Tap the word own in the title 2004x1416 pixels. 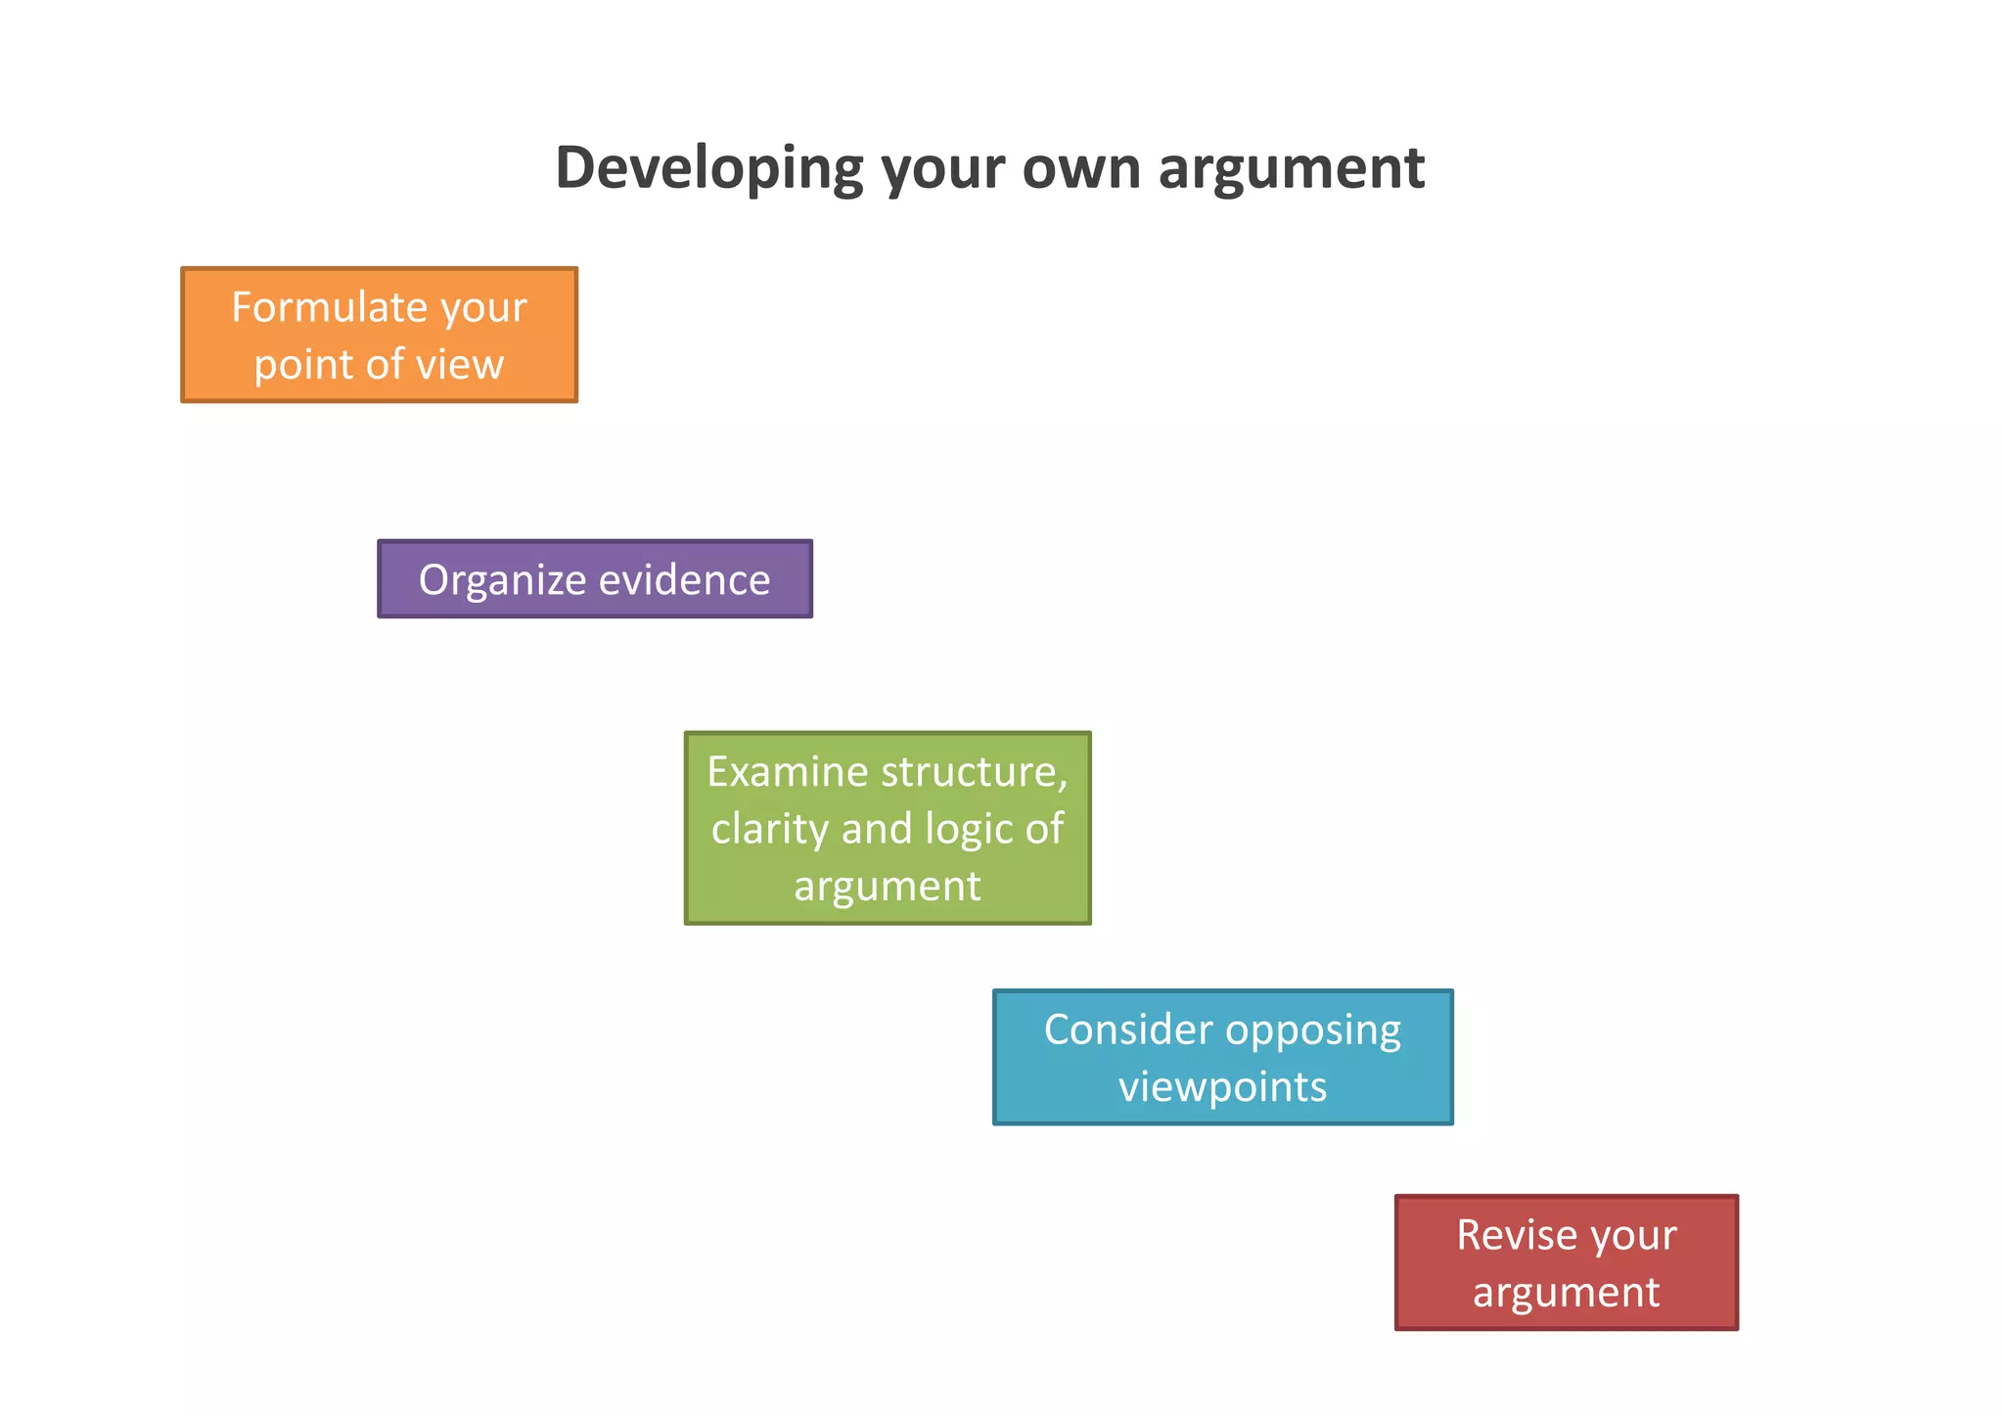[x=1081, y=168]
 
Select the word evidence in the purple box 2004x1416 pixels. [x=684, y=579]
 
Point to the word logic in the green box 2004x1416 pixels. [x=971, y=829]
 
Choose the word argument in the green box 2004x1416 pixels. [x=887, y=887]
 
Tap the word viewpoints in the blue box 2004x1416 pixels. [x=1222, y=1087]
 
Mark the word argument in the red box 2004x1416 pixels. [x=1566, y=1293]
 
